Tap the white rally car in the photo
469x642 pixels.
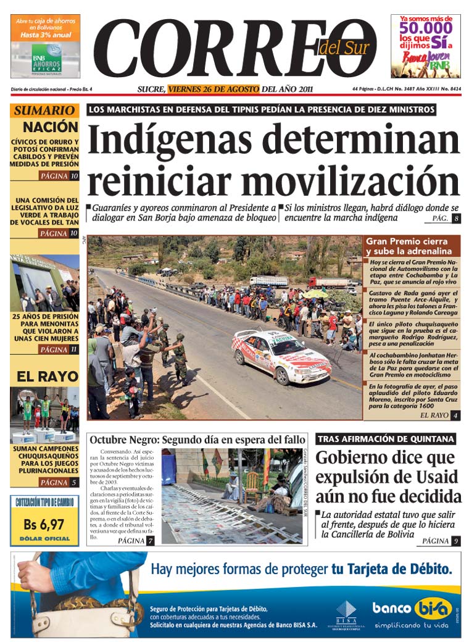[x=281, y=356]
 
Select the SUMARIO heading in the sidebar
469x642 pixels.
[x=44, y=111]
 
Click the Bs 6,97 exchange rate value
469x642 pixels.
[x=44, y=525]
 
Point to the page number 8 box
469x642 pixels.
[x=456, y=219]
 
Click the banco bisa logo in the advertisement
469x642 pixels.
[x=412, y=608]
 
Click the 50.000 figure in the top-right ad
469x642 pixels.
[x=425, y=28]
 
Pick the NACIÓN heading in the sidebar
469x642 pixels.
[x=51, y=127]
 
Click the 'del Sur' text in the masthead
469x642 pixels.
[x=344, y=48]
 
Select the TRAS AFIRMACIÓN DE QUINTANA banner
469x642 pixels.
[x=386, y=439]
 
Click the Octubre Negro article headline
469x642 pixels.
[x=197, y=440]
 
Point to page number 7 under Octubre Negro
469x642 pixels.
[x=150, y=541]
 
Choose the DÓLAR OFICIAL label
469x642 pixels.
[x=44, y=539]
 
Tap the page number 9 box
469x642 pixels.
[x=455, y=541]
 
